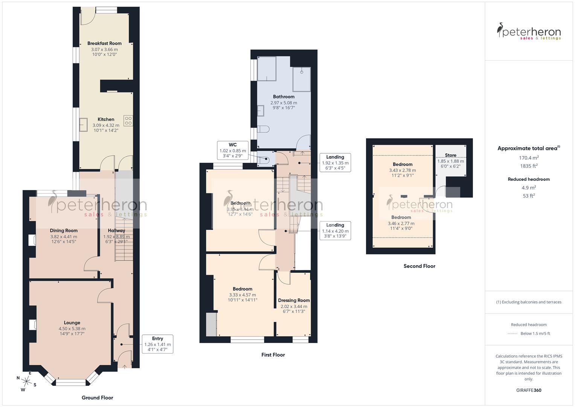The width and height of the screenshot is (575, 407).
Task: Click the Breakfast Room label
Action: [x=104, y=43]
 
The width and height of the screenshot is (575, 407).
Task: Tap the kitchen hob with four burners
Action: [x=128, y=121]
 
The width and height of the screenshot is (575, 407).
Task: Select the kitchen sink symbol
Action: [x=83, y=124]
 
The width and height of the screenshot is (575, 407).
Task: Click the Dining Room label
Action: [x=64, y=231]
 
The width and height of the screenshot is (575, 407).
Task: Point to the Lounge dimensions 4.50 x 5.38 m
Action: [x=72, y=328]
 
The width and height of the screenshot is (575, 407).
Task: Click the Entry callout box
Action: [x=157, y=344]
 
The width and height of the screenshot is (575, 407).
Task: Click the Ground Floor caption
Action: [x=97, y=398]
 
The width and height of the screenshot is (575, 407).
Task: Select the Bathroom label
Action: [x=284, y=97]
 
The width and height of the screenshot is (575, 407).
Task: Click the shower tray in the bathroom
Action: [x=302, y=79]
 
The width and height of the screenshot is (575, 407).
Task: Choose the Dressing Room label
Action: [x=294, y=300]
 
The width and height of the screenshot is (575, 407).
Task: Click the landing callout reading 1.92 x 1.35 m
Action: [x=335, y=163]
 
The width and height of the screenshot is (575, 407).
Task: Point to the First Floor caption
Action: [x=273, y=355]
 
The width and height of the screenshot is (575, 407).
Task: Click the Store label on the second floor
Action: [x=450, y=155]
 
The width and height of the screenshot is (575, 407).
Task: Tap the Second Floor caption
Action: [x=419, y=266]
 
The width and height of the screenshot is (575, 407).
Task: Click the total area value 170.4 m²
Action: [x=529, y=158]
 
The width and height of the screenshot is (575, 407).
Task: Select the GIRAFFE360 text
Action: [x=529, y=390]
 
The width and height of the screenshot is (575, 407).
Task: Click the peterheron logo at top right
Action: [x=529, y=32]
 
